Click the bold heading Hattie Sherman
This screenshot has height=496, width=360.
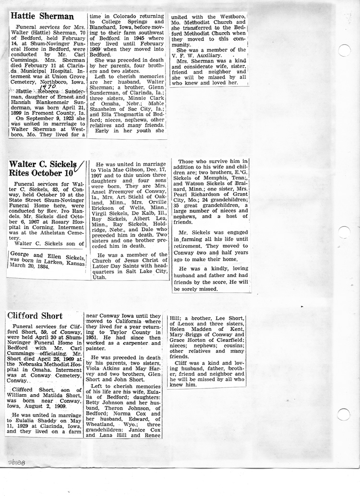(x=43, y=16)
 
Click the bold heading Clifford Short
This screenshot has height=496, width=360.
(x=35, y=316)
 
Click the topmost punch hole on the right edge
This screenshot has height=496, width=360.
(x=344, y=50)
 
